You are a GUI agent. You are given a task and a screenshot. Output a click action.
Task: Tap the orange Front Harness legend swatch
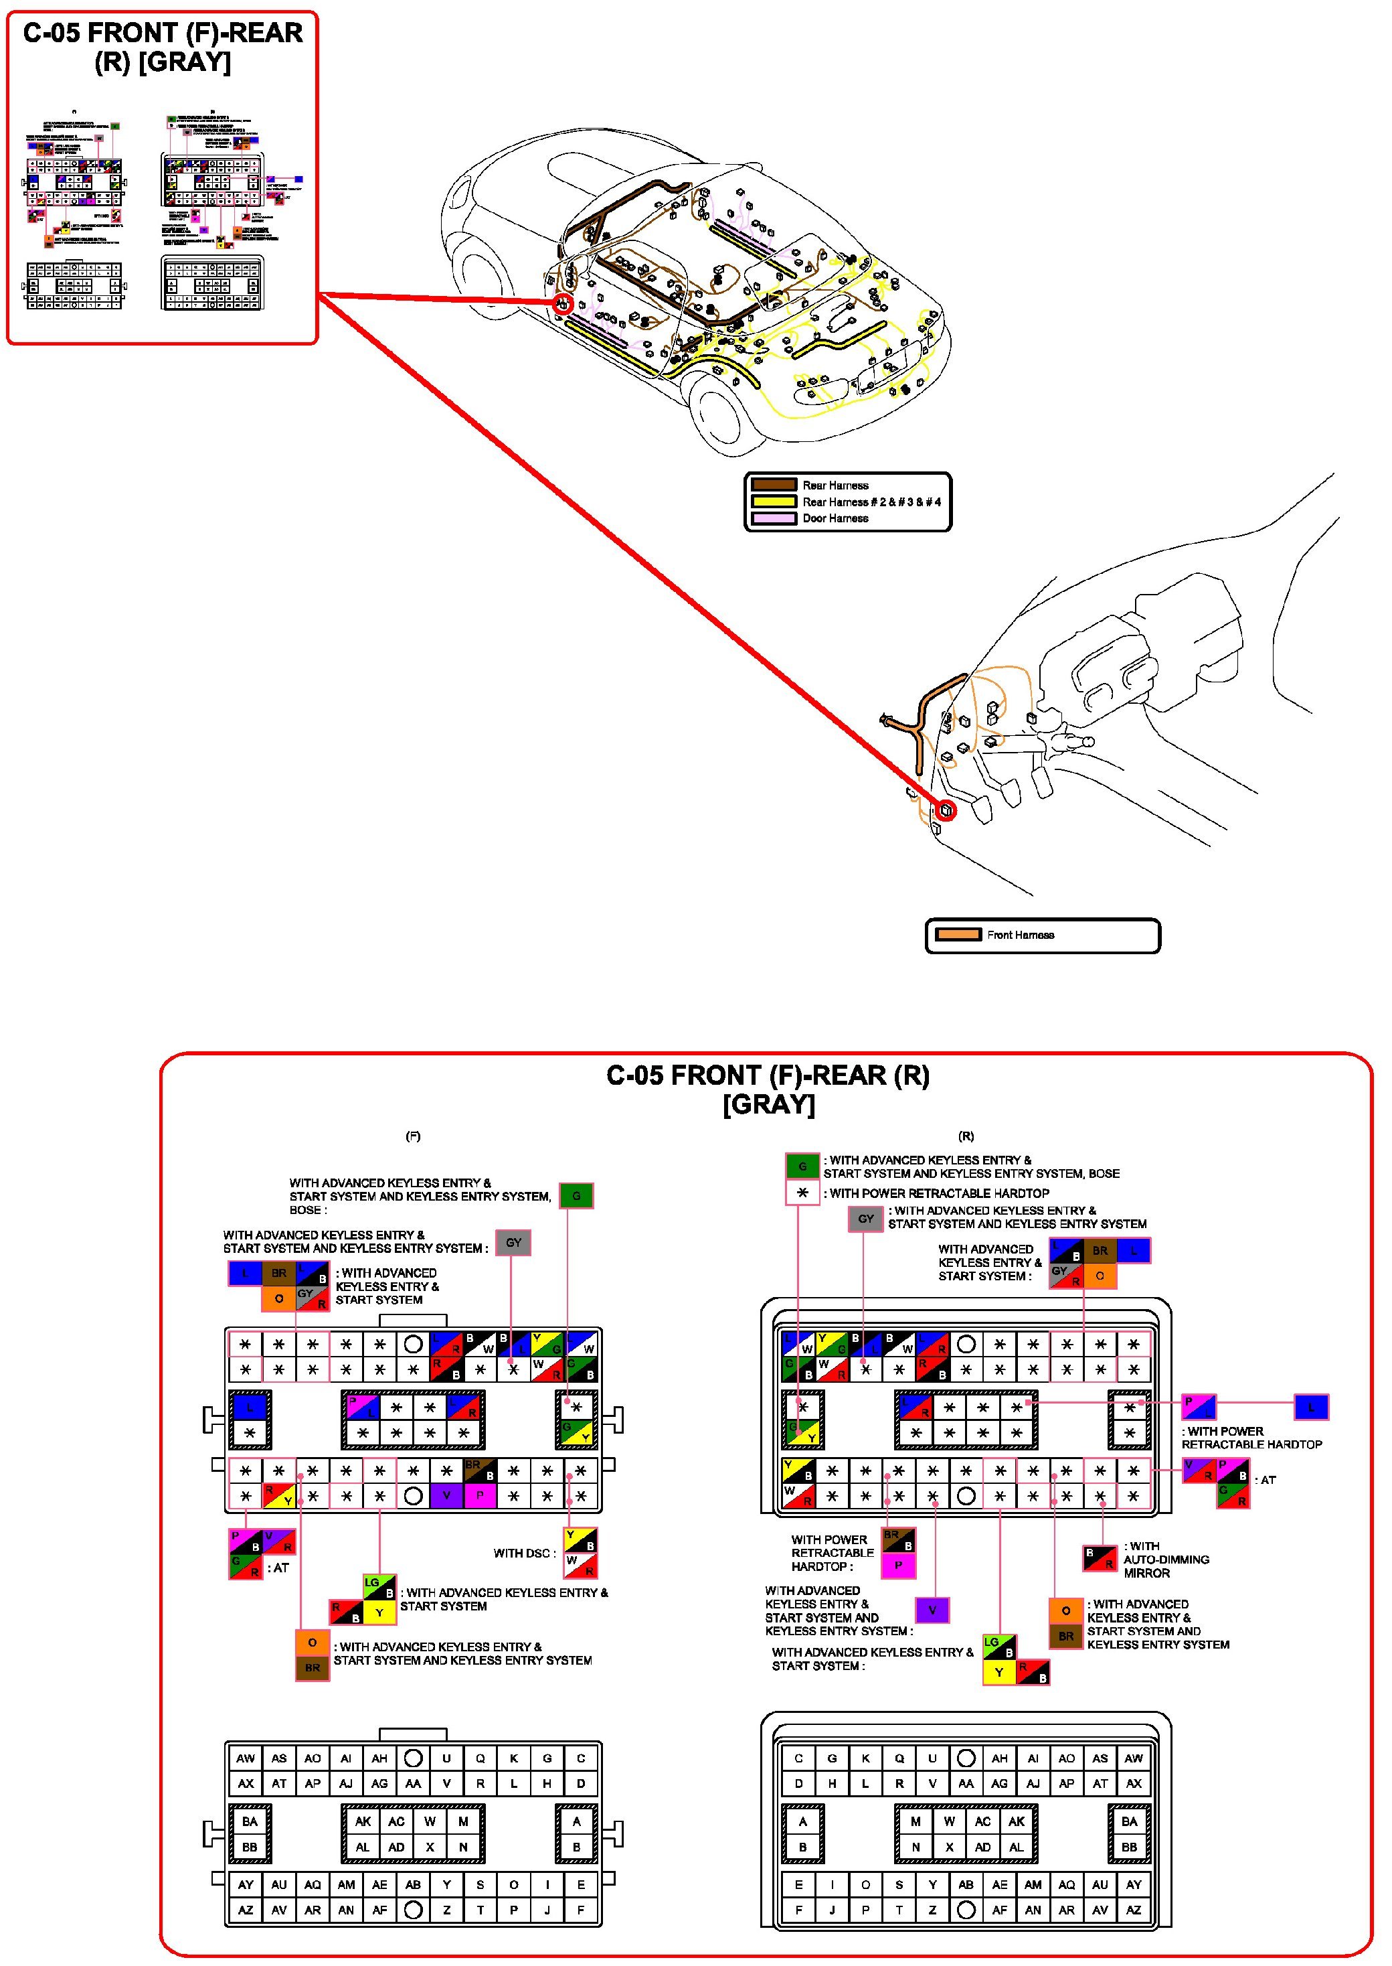[958, 935]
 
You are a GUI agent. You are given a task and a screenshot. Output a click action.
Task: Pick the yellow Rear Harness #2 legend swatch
[773, 502]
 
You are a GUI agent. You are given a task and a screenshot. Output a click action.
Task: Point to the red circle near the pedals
[946, 810]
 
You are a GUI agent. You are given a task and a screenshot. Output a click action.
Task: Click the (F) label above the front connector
[412, 1136]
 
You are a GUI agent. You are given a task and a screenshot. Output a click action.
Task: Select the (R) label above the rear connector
[966, 1136]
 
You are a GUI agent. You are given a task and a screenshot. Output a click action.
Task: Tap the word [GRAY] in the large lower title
[768, 1104]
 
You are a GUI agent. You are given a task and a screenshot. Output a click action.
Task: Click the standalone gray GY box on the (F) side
[513, 1242]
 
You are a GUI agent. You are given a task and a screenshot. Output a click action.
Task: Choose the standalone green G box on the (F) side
[576, 1195]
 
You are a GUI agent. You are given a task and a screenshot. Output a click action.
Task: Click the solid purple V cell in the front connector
[446, 1496]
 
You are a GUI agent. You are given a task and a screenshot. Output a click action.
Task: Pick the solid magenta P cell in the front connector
[480, 1496]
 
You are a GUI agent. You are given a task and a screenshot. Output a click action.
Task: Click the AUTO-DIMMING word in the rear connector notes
[1166, 1560]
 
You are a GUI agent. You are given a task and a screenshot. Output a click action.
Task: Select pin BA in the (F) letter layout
[250, 1821]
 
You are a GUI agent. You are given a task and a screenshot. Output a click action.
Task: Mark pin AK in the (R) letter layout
[1016, 1821]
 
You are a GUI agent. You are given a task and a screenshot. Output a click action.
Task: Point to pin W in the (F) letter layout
[430, 1821]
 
